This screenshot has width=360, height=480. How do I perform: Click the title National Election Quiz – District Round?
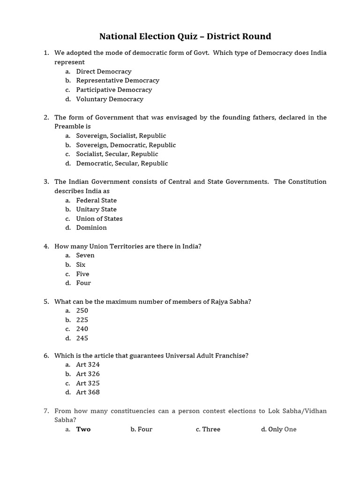tap(185, 37)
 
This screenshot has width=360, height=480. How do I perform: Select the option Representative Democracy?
tap(118, 81)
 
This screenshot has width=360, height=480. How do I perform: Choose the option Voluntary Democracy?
tap(110, 99)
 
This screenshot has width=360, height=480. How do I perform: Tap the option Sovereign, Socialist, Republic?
tap(121, 136)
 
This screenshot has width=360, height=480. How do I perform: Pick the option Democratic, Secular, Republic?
tap(122, 164)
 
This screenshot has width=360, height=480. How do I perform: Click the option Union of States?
tap(99, 219)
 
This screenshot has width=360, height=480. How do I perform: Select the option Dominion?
tap(91, 228)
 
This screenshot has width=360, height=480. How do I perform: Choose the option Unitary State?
tap(97, 210)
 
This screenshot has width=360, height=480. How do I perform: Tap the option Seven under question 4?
tap(85, 255)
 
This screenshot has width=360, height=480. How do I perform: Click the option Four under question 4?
tap(83, 283)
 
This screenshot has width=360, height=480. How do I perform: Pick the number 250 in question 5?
tap(82, 311)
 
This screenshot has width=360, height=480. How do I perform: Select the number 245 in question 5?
tap(82, 338)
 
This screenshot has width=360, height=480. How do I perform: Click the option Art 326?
tap(88, 374)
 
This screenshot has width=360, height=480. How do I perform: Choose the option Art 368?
tap(88, 392)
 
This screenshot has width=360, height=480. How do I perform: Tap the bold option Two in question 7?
tap(83, 429)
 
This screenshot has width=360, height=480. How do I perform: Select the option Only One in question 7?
tap(282, 429)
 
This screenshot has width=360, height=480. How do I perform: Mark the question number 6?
tap(46, 356)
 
